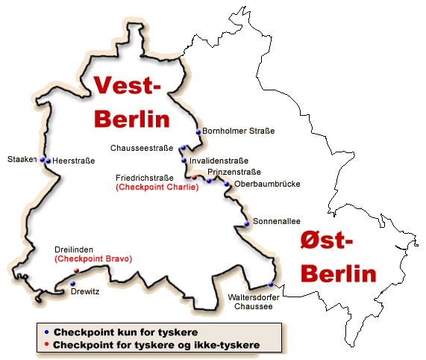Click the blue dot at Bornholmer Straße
click(198, 132)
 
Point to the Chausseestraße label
click(142, 147)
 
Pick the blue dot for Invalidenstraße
click(184, 161)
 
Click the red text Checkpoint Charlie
click(157, 187)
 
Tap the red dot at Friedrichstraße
click(195, 177)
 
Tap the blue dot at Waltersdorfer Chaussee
click(271, 285)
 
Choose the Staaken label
click(21, 160)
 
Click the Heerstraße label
click(71, 160)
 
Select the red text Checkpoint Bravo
click(93, 258)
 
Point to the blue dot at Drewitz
click(72, 284)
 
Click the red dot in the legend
click(46, 344)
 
